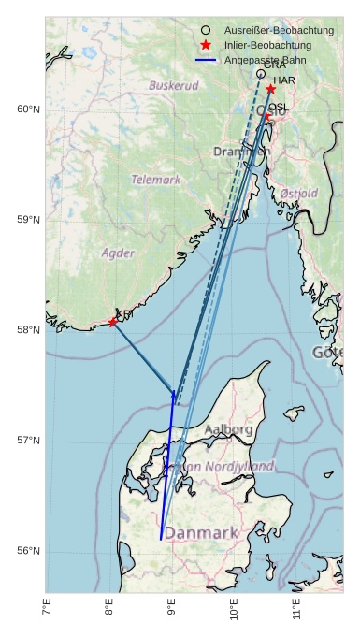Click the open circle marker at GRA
click(261, 73)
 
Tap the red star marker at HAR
click(270, 89)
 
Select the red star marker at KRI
click(113, 322)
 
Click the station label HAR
click(284, 80)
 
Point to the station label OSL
click(279, 109)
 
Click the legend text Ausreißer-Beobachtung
click(272, 31)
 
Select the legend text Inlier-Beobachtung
click(266, 45)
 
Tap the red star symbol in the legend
click(206, 45)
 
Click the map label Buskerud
click(174, 85)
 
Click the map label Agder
click(118, 253)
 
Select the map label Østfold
click(298, 193)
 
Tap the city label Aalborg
click(228, 429)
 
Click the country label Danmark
click(201, 533)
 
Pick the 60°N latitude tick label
click(29, 109)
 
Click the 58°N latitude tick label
click(29, 330)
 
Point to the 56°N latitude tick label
click(29, 551)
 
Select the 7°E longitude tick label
click(47, 610)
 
